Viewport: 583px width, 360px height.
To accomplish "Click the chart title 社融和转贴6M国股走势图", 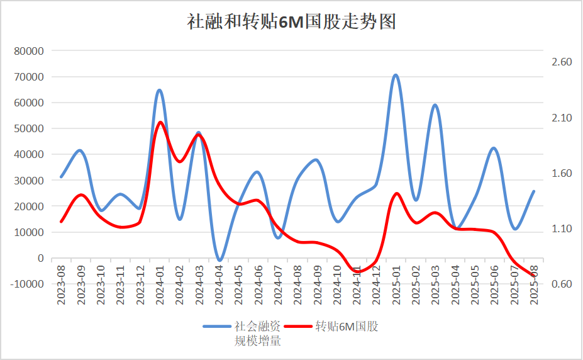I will point(291,23).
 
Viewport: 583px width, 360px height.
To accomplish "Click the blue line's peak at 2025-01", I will point(396,75).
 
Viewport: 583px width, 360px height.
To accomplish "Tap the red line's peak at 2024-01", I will point(160,122).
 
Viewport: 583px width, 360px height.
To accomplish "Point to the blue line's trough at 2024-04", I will point(219,259).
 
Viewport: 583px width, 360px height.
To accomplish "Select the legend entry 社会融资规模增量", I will point(242,334).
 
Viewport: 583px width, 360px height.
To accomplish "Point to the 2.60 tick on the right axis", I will point(561,62).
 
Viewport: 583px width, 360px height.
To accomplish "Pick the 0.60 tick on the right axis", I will point(561,284).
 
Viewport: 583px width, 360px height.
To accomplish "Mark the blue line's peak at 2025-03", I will point(435,105).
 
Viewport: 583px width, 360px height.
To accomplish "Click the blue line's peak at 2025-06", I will point(494,148).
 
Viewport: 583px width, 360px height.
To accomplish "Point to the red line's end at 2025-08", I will point(533,275).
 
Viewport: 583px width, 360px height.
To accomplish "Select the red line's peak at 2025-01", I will point(396,193).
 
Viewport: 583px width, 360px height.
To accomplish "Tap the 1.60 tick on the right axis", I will point(561,173).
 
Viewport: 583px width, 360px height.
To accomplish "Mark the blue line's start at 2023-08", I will point(61,177).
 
